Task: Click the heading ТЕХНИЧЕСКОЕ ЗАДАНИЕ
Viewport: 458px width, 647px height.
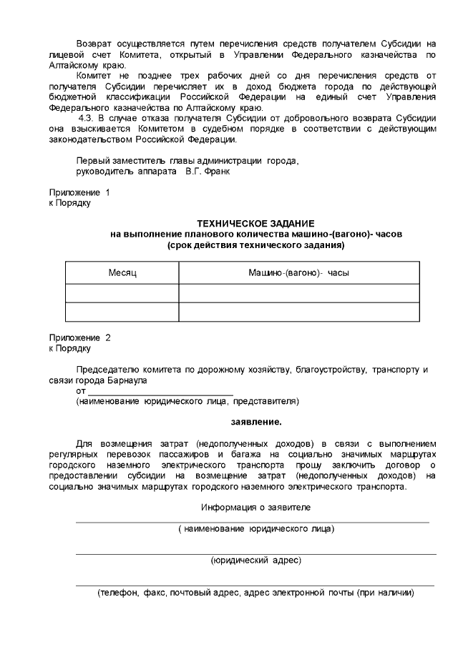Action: click(x=255, y=223)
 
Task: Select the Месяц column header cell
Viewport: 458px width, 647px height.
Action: click(x=122, y=273)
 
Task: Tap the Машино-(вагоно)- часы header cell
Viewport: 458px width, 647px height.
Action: click(x=298, y=273)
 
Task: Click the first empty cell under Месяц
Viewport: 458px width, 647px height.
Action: click(x=122, y=294)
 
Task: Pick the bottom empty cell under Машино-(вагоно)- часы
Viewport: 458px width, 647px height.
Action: click(x=298, y=312)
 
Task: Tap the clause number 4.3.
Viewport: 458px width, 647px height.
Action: click(x=87, y=118)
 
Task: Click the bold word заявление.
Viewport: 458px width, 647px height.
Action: click(x=255, y=421)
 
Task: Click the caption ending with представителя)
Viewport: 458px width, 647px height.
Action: click(x=187, y=402)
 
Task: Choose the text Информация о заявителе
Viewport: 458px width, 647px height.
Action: click(x=255, y=507)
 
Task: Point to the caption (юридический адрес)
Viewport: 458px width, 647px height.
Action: click(x=255, y=560)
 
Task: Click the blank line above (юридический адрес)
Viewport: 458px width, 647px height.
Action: click(x=255, y=553)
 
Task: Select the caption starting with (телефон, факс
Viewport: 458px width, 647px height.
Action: click(x=255, y=593)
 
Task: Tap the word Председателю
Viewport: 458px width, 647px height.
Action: click(x=107, y=370)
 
